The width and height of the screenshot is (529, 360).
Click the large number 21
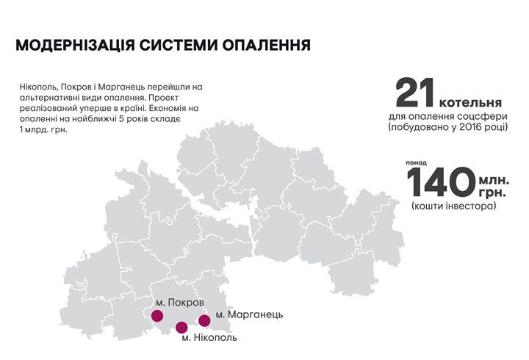(416, 94)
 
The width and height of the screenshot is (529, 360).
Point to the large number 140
(439, 184)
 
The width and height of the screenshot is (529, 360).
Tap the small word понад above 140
(416, 162)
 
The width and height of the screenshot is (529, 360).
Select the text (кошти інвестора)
(453, 206)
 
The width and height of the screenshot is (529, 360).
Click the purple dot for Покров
(156, 316)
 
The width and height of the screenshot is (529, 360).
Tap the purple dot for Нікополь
(181, 327)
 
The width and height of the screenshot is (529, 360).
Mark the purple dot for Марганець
(205, 320)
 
